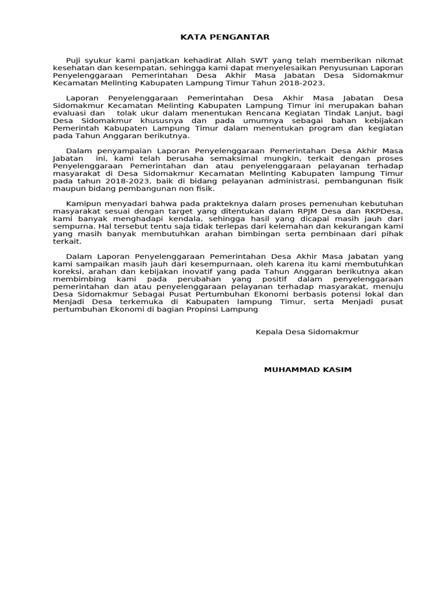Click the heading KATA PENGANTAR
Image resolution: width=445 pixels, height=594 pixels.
click(x=225, y=37)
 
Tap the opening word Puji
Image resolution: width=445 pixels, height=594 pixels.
click(x=75, y=60)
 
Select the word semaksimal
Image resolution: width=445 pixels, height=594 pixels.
click(x=205, y=158)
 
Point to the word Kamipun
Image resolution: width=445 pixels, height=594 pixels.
click(x=83, y=204)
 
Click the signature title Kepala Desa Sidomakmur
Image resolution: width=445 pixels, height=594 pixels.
click(x=307, y=332)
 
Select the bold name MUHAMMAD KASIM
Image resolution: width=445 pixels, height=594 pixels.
click(x=307, y=370)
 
